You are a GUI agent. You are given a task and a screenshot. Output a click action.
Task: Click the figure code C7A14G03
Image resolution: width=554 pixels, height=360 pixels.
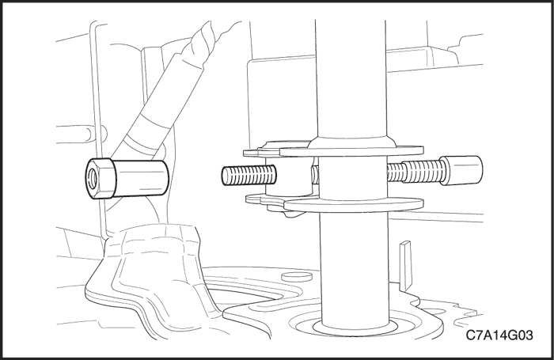click(499, 335)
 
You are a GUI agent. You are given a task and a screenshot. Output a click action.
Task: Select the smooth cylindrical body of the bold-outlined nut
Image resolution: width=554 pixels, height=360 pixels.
click(140, 178)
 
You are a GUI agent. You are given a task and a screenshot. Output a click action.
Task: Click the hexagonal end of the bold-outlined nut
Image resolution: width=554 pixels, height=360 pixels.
click(100, 178)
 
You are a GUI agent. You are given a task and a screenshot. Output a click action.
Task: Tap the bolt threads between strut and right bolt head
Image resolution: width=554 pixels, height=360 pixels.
click(415, 171)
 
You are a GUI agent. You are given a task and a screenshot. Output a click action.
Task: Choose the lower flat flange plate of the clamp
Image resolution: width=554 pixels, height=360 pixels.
click(353, 204)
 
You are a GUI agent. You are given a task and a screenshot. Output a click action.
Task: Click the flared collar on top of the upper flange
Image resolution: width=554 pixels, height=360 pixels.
click(352, 142)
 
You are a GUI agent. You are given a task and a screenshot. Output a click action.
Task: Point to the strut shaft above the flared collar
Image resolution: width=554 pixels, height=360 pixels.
click(351, 78)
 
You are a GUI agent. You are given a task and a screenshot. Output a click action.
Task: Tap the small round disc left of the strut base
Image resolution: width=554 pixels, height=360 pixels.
click(297, 276)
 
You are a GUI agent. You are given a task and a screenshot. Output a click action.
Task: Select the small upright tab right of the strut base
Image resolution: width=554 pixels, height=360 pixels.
click(405, 265)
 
